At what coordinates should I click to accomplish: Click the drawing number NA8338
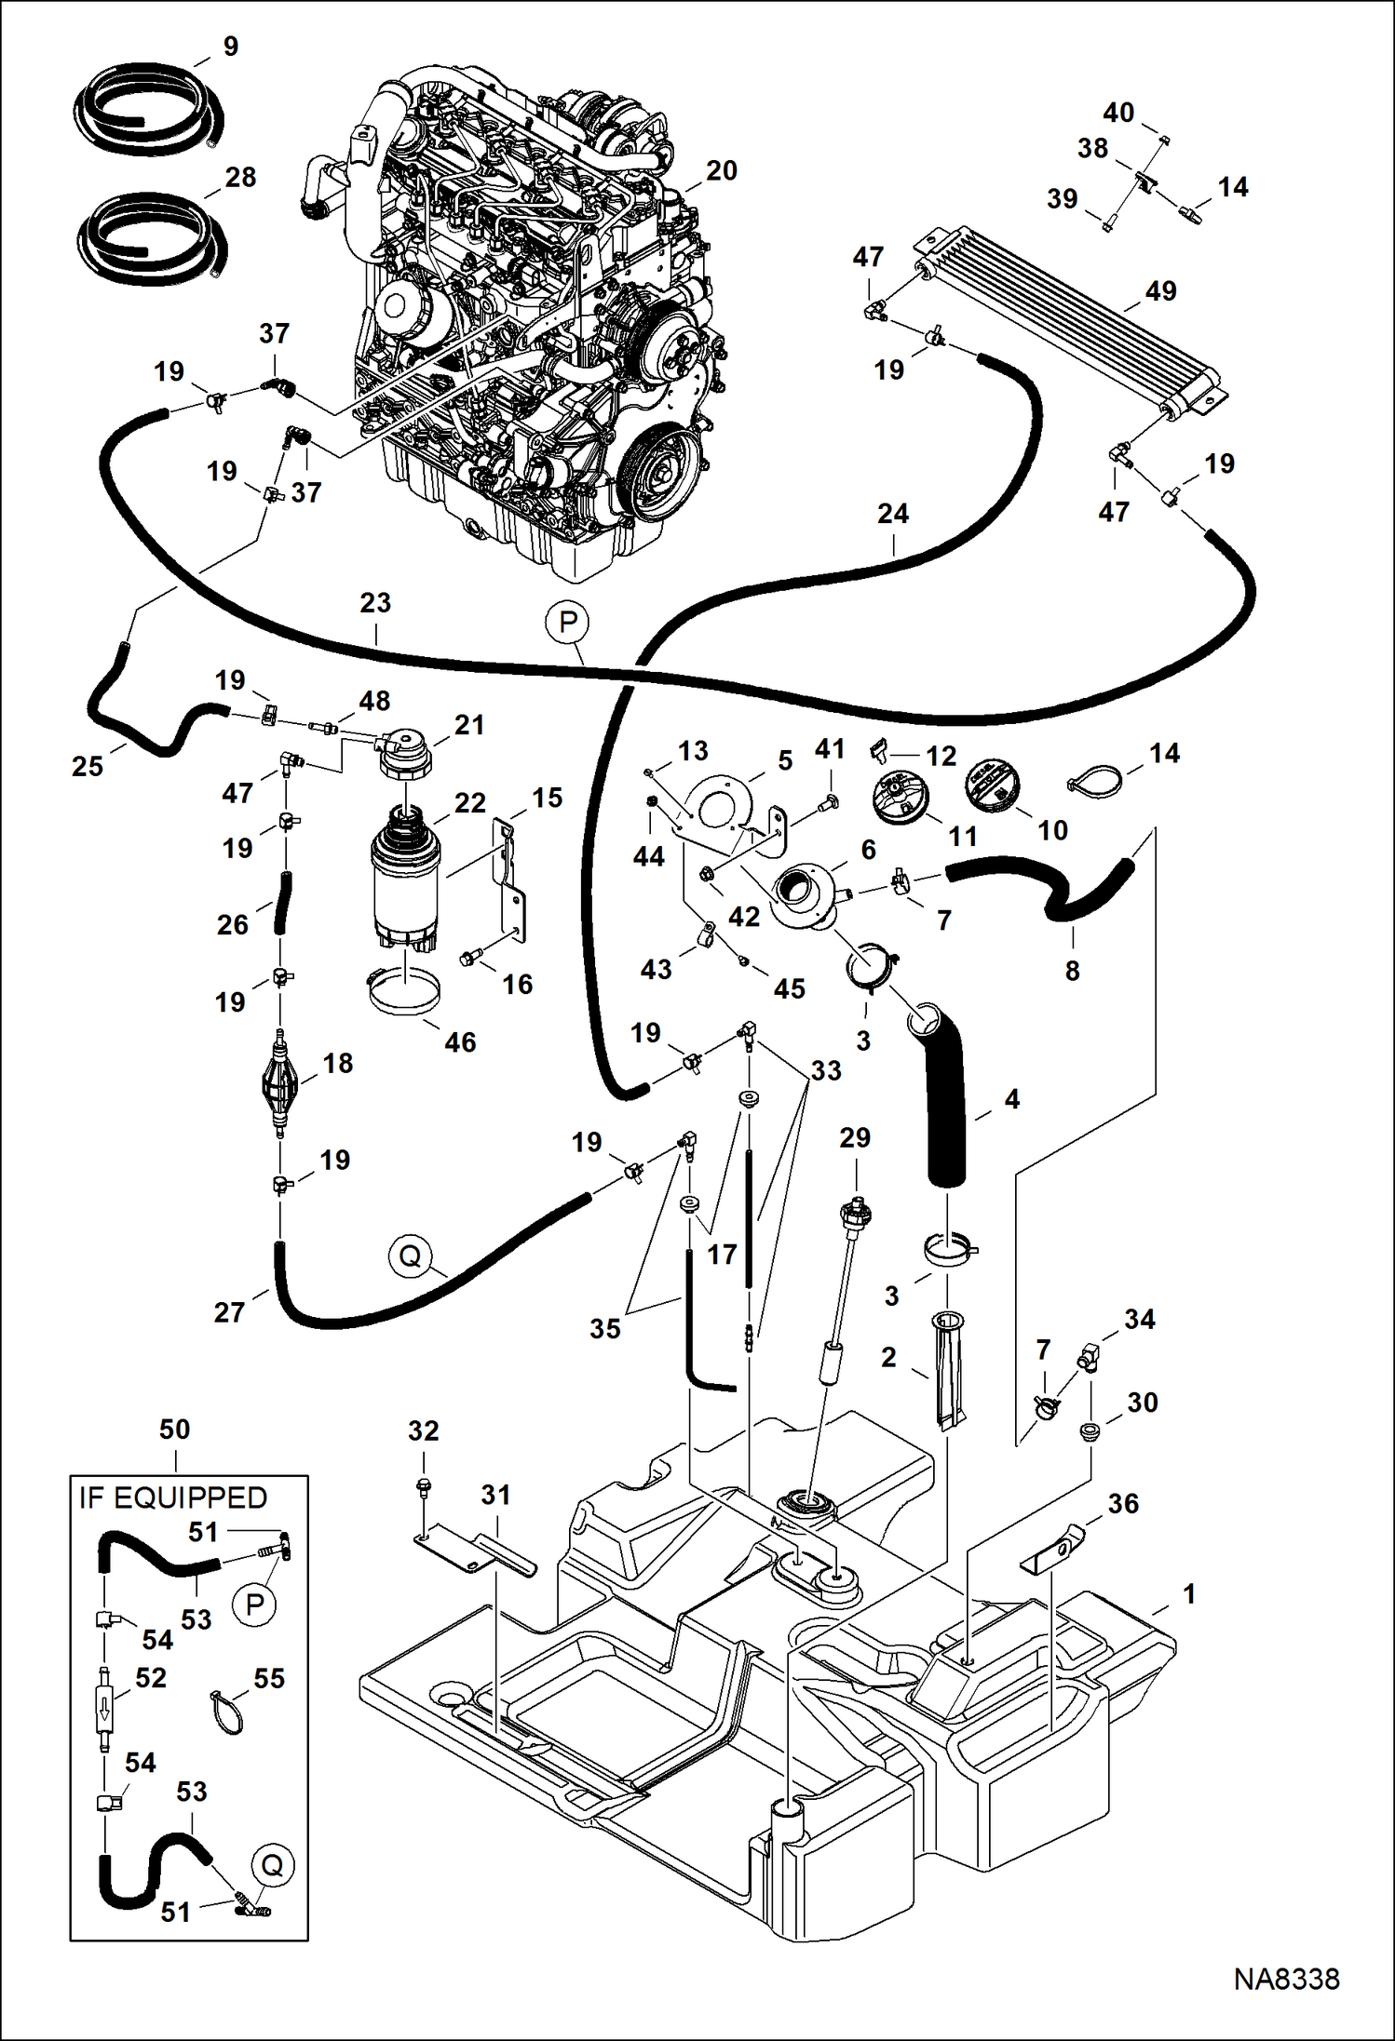tap(1286, 1979)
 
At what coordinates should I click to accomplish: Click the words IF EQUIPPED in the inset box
tap(173, 1497)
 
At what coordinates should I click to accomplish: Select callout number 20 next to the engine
tap(721, 171)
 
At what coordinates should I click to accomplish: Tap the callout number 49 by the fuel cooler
tap(1160, 291)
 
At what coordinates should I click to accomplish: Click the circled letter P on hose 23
tap(568, 622)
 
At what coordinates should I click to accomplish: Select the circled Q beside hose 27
tap(410, 1256)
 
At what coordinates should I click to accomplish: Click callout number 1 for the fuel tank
tap(1188, 1594)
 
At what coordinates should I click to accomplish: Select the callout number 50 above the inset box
tap(174, 1430)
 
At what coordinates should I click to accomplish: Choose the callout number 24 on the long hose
tap(892, 514)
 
